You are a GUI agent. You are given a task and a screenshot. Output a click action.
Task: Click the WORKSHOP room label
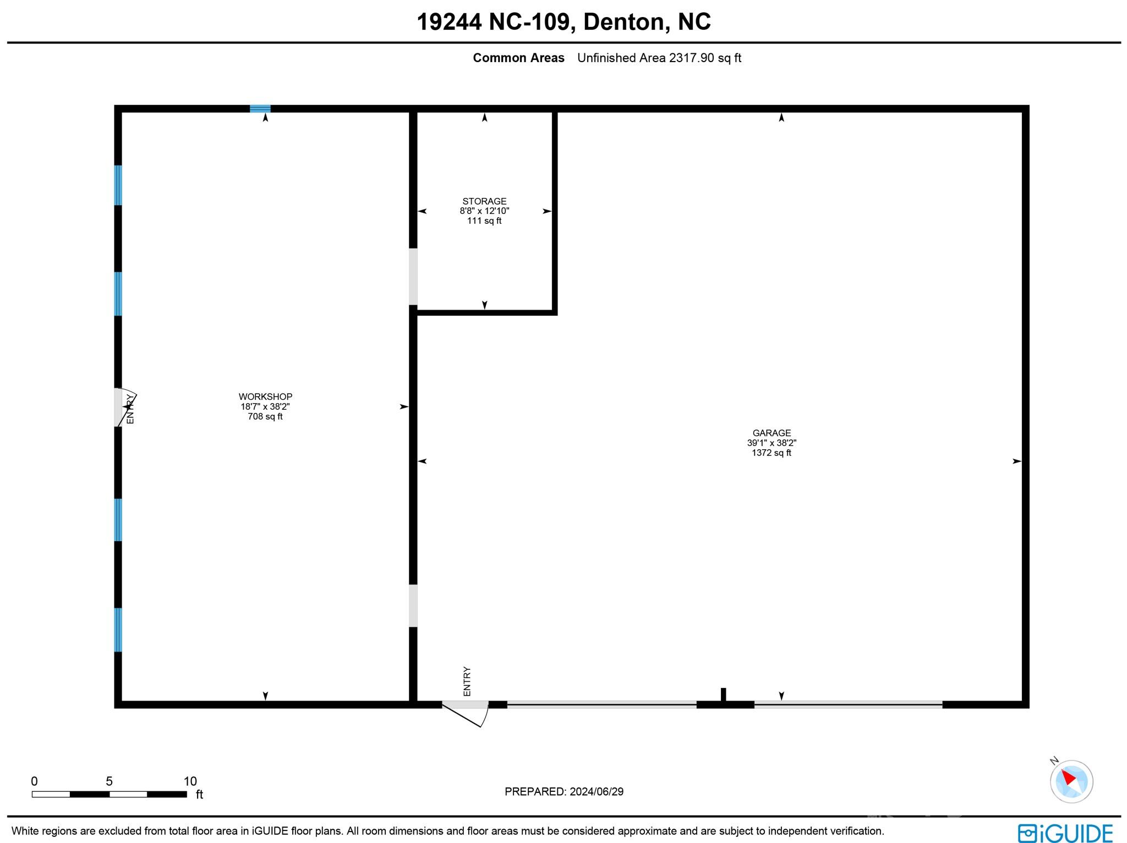coord(265,396)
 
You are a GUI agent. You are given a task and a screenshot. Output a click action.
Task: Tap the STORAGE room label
coord(484,201)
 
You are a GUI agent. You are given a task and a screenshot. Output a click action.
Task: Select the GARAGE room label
coord(772,433)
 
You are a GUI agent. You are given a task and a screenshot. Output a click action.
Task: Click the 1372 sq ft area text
coord(772,453)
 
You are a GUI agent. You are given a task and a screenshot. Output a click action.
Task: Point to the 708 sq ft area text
coord(265,417)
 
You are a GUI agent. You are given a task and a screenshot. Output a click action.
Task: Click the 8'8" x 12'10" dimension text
coord(484,211)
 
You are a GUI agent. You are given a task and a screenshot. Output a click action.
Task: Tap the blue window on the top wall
coord(260,108)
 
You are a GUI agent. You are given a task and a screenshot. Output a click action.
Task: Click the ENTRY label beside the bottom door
coord(467,681)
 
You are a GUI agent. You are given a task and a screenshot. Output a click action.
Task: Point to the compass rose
coord(1071,781)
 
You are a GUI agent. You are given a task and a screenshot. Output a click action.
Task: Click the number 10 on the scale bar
coord(190,781)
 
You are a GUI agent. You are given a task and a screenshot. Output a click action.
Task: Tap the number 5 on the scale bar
coord(109,781)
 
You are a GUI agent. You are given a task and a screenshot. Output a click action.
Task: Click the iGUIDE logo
coord(1064,833)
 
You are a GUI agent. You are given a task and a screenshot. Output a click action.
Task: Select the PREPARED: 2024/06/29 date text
coord(564,792)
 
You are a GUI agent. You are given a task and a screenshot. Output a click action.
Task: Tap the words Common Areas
coord(518,58)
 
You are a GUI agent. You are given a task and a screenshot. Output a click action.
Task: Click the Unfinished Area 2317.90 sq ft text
coord(659,58)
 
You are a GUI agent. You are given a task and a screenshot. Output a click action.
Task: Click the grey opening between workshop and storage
coord(413,277)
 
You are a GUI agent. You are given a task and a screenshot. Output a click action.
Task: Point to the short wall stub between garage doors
coord(723,695)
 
